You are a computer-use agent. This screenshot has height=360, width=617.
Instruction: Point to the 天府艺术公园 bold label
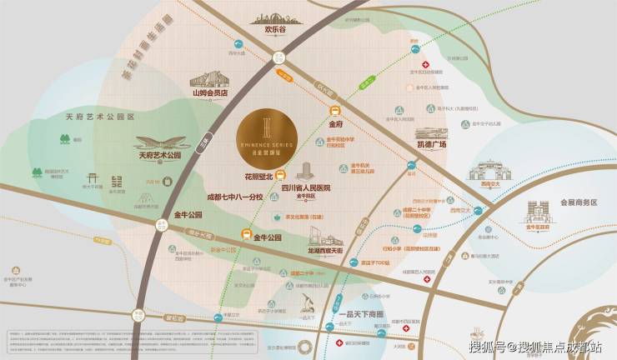159,155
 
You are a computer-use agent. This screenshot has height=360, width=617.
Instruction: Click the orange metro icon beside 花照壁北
280,175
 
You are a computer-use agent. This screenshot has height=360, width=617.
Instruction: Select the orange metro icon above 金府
334,111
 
